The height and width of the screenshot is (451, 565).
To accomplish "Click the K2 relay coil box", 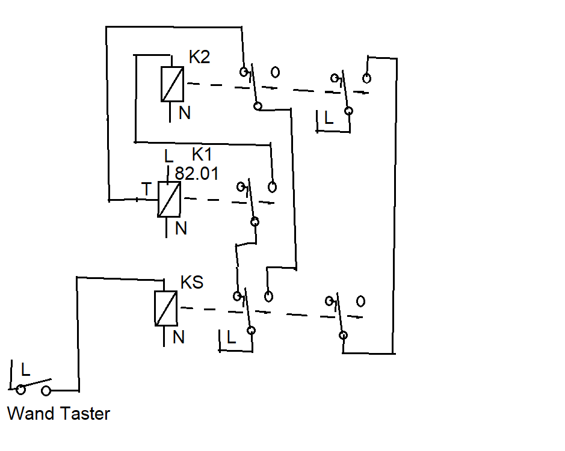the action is (x=172, y=84).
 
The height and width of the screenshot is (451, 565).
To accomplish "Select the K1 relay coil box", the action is (x=169, y=199).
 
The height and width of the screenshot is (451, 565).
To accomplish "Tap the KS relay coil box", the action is (x=166, y=308).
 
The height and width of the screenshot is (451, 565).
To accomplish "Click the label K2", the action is (x=199, y=57).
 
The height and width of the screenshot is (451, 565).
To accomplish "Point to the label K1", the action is (x=202, y=154).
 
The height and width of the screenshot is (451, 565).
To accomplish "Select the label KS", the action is (x=192, y=282).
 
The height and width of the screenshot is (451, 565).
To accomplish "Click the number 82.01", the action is (x=197, y=174).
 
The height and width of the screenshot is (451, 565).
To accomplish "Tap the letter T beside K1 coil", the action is (x=146, y=189).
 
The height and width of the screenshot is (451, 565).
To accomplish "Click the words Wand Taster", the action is (x=58, y=413).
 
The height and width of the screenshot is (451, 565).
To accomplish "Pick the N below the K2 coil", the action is (x=185, y=113).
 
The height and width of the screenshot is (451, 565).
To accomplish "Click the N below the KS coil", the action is (x=178, y=337).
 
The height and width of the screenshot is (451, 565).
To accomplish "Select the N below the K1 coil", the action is (x=181, y=229).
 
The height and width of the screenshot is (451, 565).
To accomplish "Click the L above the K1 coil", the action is (x=168, y=156).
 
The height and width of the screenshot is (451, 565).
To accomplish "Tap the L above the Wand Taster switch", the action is (x=25, y=370).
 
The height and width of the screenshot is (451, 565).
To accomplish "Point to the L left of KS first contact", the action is (x=231, y=337).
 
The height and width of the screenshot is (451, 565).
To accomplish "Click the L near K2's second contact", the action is (x=329, y=118).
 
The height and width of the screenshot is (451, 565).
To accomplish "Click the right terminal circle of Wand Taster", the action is (x=46, y=390).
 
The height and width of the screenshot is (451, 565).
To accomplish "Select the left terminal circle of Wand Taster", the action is (x=21, y=390).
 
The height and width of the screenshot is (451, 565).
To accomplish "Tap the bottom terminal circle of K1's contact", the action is (x=255, y=221).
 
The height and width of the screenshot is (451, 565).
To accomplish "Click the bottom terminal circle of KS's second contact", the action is (x=343, y=336).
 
